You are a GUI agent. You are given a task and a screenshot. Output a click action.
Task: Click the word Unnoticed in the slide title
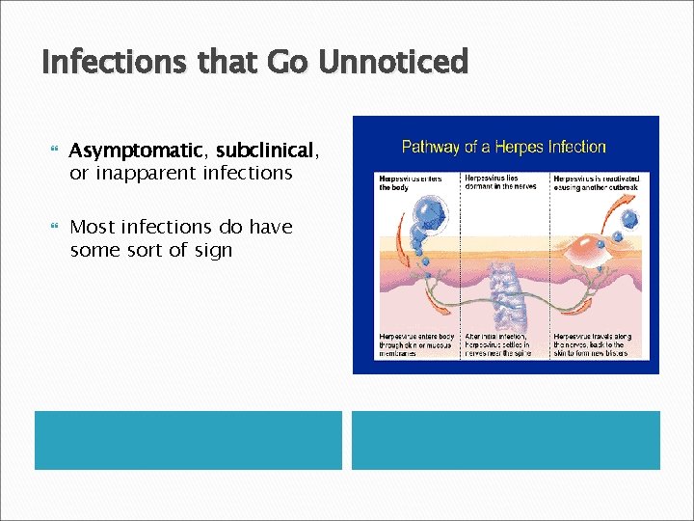pos(393,63)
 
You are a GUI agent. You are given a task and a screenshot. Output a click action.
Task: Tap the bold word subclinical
pos(265,151)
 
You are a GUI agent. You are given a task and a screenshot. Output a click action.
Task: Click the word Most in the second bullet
pos(93,227)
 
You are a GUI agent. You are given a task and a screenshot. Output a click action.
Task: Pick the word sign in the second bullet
pos(212,250)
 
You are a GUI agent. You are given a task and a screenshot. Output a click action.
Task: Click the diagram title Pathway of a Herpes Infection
pos(504,147)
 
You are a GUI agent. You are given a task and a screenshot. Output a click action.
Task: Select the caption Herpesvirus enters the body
pos(404,183)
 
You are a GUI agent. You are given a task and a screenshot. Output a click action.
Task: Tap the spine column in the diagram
pos(506,290)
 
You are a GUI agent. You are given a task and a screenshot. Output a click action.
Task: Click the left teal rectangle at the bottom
pos(189,440)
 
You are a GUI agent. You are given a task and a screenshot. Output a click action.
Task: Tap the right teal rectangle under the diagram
pos(506,440)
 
